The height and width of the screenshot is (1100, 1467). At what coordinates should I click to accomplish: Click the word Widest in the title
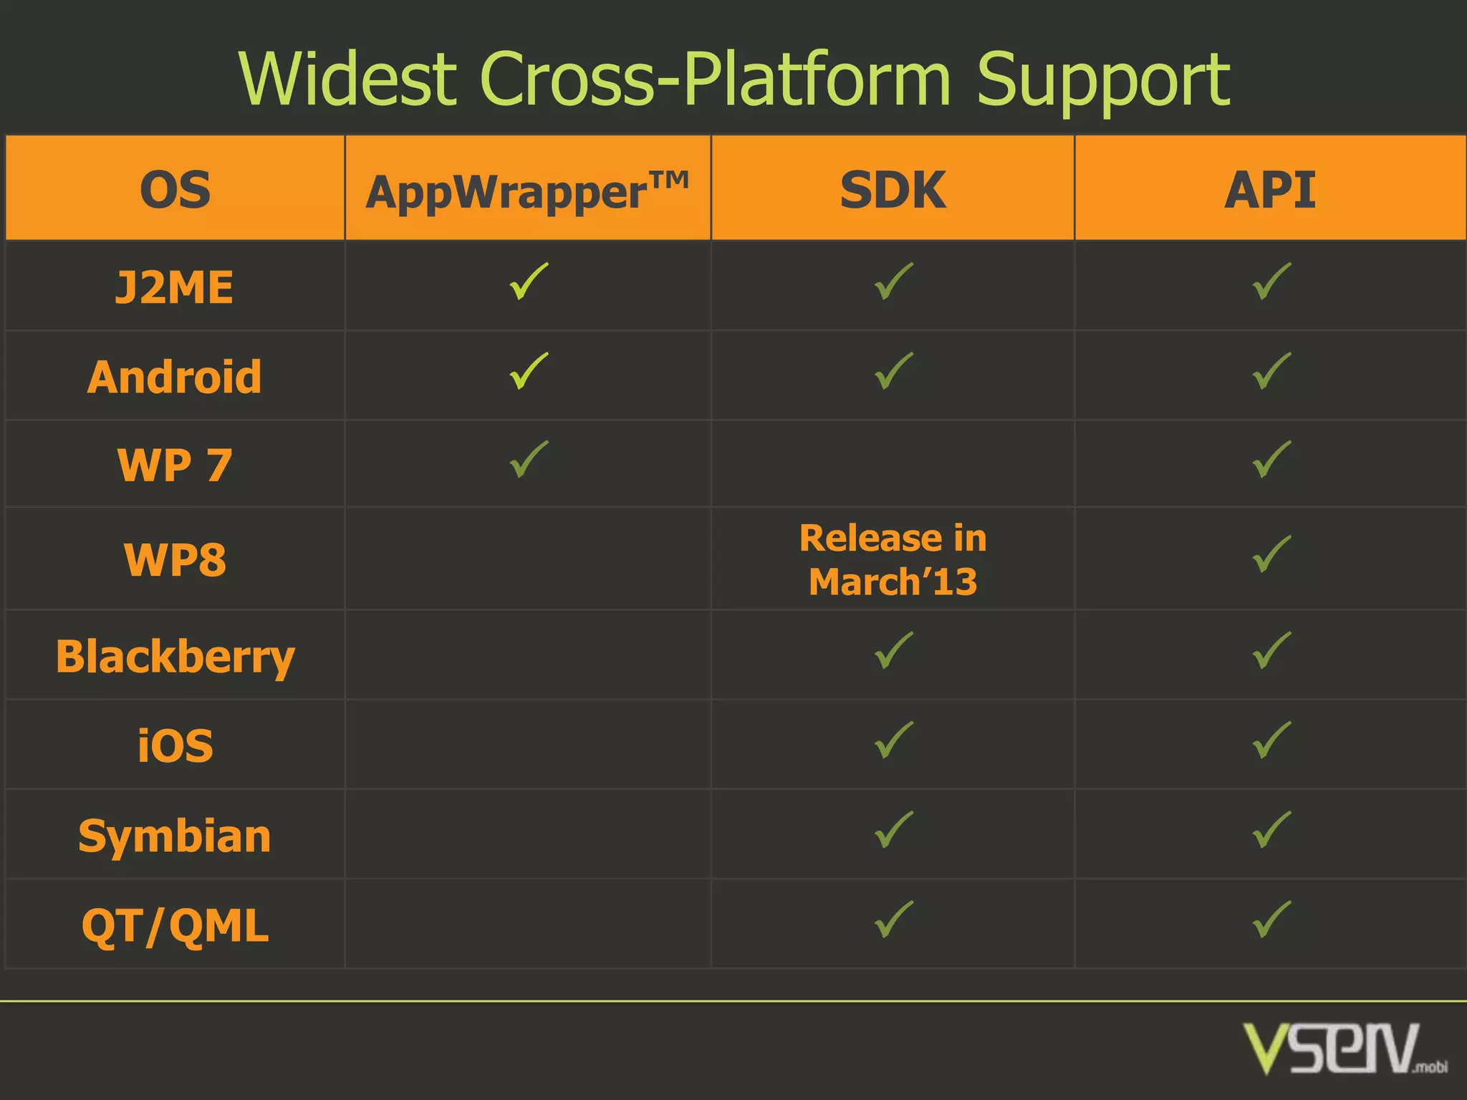click(x=348, y=79)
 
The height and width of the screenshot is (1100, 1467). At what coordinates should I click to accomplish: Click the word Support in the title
click(x=1103, y=80)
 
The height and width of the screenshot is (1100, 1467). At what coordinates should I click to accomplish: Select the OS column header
click(x=175, y=190)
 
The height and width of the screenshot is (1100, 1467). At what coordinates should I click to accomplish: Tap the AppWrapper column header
click(x=527, y=191)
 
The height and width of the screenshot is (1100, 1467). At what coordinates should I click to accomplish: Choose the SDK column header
click(x=893, y=190)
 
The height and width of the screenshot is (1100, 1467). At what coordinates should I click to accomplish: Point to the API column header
click(x=1270, y=190)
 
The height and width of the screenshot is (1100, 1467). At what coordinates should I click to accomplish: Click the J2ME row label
click(x=175, y=287)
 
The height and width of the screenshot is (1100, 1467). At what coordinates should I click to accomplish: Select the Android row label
click(x=175, y=377)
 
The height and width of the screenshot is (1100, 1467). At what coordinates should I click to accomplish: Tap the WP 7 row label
click(x=175, y=465)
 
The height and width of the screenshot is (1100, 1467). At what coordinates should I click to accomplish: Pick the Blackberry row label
click(x=175, y=656)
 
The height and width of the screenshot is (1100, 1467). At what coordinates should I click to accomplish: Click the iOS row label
click(x=175, y=746)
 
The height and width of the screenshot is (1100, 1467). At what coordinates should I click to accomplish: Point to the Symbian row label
click(x=175, y=836)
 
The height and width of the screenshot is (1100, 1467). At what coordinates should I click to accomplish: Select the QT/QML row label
click(x=175, y=925)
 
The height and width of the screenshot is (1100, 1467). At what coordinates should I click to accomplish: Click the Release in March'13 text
click(x=893, y=559)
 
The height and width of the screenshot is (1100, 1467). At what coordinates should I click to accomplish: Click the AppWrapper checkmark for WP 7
click(x=529, y=459)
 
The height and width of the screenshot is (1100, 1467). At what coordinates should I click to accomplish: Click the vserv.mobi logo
click(x=1344, y=1048)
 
